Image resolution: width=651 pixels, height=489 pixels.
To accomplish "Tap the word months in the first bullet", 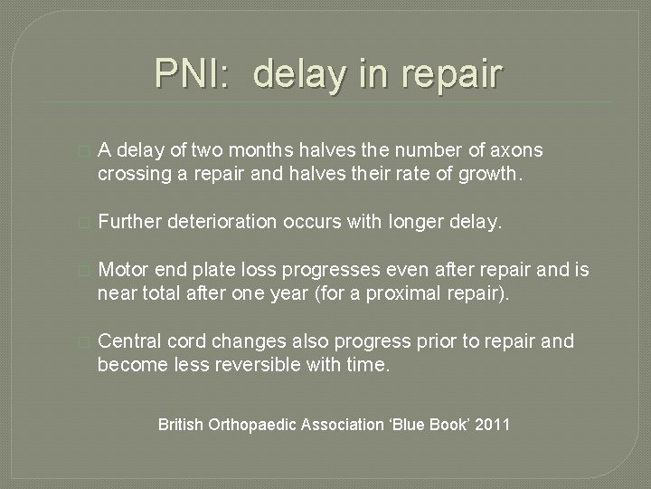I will (278, 149).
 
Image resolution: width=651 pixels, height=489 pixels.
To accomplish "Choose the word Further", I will (133, 220).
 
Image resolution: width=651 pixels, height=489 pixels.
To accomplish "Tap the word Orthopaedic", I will (258, 423).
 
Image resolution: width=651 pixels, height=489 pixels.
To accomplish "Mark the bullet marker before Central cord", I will (85, 340).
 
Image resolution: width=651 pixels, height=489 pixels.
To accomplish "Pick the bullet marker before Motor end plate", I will (85, 269).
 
